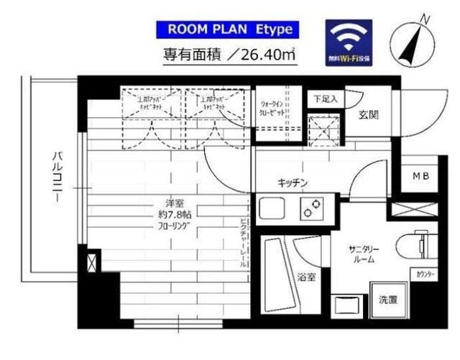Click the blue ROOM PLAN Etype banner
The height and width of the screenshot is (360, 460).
tap(224, 29)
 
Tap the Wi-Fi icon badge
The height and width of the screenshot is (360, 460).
tap(350, 41)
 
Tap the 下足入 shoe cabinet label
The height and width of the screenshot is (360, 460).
tap(325, 98)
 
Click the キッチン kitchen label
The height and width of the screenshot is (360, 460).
tap(293, 183)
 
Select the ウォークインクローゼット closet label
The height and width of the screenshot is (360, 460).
tap(275, 108)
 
